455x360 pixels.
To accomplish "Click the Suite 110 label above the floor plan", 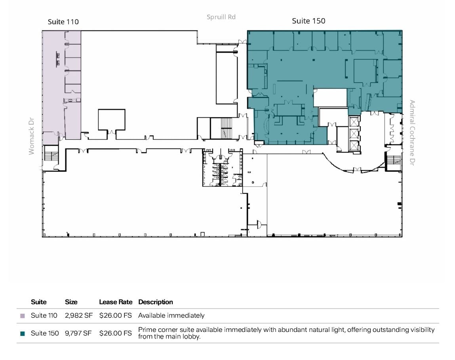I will [63, 22].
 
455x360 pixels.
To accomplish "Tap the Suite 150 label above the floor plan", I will [308, 21].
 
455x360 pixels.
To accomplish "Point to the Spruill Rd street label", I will [221, 17].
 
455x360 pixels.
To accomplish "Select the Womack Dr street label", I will [32, 136].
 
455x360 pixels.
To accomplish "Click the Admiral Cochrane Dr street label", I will [412, 133].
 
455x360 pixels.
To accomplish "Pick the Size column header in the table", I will [71, 302].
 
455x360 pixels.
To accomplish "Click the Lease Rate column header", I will [116, 302].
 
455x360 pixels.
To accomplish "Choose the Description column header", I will [156, 302].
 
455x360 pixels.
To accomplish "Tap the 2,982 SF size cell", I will [78, 316].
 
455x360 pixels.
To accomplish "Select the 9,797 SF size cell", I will [78, 333].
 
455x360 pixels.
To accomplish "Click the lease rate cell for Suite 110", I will [115, 316].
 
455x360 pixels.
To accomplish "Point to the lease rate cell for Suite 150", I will [115, 333].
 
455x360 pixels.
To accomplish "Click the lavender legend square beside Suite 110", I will [23, 316].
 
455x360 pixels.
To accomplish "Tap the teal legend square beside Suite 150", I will [23, 333].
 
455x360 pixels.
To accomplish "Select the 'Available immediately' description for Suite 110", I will [171, 316].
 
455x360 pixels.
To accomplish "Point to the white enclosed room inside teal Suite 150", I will [330, 97].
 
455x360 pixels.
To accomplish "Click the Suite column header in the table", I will [39, 302].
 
